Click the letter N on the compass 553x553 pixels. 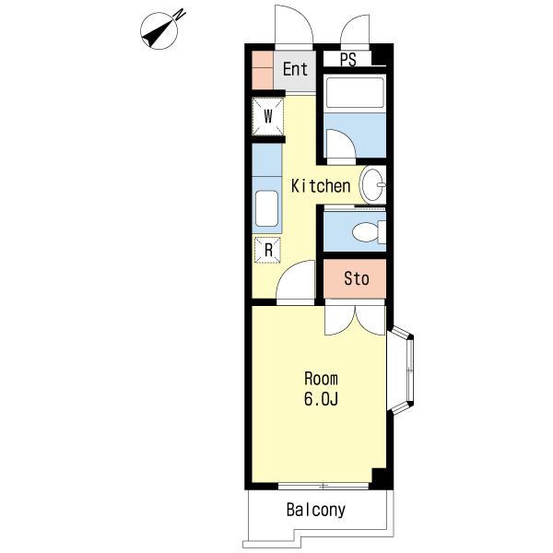click(x=181, y=15)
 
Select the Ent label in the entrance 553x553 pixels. click(x=295, y=69)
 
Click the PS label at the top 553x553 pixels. click(x=348, y=60)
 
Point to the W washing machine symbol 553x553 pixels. click(x=268, y=116)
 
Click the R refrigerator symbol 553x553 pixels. click(x=268, y=250)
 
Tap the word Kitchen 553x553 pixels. click(x=321, y=186)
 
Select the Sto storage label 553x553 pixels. click(x=357, y=278)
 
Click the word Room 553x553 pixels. click(x=321, y=379)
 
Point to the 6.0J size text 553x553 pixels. click(x=321, y=399)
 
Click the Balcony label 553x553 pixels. click(x=315, y=511)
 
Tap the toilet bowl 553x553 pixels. click(x=367, y=231)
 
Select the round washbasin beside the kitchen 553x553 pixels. click(x=372, y=185)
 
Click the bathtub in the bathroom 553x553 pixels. click(x=355, y=91)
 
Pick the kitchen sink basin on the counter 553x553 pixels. click(x=266, y=208)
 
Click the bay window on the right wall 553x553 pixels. click(x=401, y=370)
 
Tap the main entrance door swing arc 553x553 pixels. click(x=302, y=17)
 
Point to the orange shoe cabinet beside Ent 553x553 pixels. click(x=263, y=70)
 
